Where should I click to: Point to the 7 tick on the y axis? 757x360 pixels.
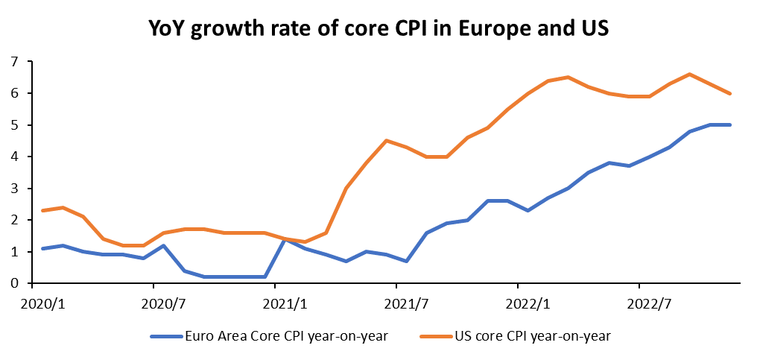pyautogui.click(x=14, y=62)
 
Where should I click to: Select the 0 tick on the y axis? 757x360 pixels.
pyautogui.click(x=14, y=283)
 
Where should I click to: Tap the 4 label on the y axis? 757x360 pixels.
pyautogui.click(x=14, y=157)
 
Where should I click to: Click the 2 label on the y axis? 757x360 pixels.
pyautogui.click(x=14, y=220)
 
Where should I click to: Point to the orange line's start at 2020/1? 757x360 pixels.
pyautogui.click(x=42, y=211)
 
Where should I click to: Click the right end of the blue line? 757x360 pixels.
pyautogui.click(x=729, y=125)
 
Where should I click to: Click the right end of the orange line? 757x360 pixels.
pyautogui.click(x=729, y=93)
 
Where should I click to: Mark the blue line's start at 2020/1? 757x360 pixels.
pyautogui.click(x=42, y=248)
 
